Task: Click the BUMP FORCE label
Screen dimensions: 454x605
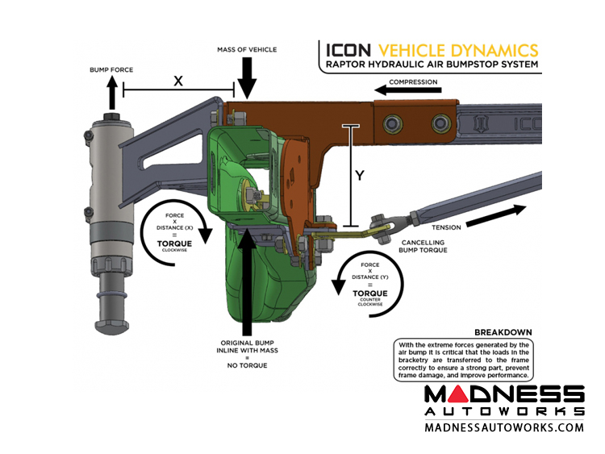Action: pyautogui.click(x=112, y=69)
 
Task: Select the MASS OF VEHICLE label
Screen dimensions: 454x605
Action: pyautogui.click(x=246, y=50)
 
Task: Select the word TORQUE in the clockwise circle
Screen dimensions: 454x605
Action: pyautogui.click(x=174, y=241)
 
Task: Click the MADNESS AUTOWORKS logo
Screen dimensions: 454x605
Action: pyautogui.click(x=503, y=400)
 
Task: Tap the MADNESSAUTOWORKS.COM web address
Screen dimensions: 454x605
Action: pyautogui.click(x=503, y=427)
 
